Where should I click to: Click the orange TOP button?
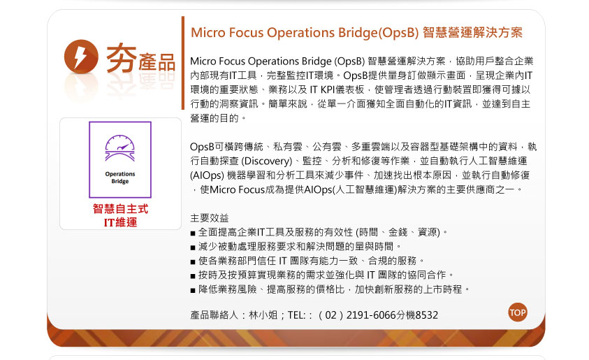pyautogui.click(x=518, y=312)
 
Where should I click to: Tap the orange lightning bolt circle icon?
pyautogui.click(x=81, y=57)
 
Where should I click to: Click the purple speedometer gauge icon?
pyautogui.click(x=120, y=148)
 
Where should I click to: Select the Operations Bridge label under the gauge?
pyautogui.click(x=120, y=178)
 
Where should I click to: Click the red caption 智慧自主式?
pyautogui.click(x=121, y=208)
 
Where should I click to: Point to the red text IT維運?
pyautogui.click(x=121, y=222)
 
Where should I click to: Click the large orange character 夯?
pyautogui.click(x=122, y=57)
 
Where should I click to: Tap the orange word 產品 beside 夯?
pyautogui.click(x=157, y=62)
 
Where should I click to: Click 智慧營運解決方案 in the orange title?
pyautogui.click(x=472, y=33)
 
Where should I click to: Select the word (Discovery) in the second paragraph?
pyautogui.click(x=266, y=161)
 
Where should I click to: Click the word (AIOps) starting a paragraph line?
pyautogui.click(x=207, y=175)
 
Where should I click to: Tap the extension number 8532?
pyautogui.click(x=427, y=315)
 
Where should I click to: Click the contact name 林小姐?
pyautogui.click(x=263, y=315)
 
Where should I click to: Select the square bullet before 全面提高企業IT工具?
pyautogui.click(x=193, y=233)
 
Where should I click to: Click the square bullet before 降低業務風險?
pyautogui.click(x=193, y=291)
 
